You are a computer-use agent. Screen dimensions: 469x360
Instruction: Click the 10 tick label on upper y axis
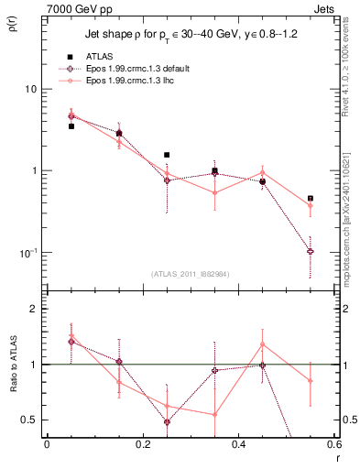coord(31,90)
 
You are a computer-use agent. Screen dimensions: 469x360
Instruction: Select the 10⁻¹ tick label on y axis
coord(27,253)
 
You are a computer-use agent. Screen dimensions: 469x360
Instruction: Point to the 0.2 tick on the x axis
coord(142,445)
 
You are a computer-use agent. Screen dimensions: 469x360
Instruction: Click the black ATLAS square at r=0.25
coord(167,156)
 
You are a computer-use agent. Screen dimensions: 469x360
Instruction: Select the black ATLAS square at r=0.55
coord(311,198)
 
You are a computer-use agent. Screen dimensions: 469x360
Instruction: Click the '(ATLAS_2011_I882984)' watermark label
coord(189,274)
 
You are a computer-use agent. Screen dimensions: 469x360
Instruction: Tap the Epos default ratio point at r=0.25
coord(167,422)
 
